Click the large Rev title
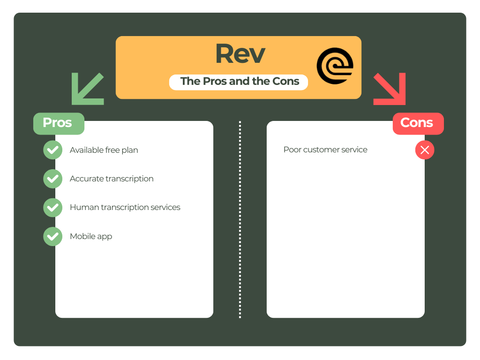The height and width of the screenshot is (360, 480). (x=240, y=54)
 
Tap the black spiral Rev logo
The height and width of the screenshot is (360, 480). (x=335, y=66)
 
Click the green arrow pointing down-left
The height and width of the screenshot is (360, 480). (x=87, y=89)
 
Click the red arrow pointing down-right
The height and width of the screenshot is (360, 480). (x=390, y=89)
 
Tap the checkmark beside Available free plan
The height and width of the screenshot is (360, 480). (x=53, y=150)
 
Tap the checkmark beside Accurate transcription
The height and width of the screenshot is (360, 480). (x=53, y=179)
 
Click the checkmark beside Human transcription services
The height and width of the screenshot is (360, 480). (x=53, y=208)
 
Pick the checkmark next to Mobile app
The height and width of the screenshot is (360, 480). (x=53, y=236)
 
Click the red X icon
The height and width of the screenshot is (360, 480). (x=425, y=150)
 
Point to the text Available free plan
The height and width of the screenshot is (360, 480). (x=104, y=150)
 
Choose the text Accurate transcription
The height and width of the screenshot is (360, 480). (x=112, y=179)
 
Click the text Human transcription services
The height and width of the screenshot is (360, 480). (x=125, y=207)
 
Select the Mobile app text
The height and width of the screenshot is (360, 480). (x=91, y=236)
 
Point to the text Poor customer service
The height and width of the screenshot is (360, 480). (x=325, y=150)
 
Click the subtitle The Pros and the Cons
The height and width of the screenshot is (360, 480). (x=240, y=81)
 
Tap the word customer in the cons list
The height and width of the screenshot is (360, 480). (x=322, y=150)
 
